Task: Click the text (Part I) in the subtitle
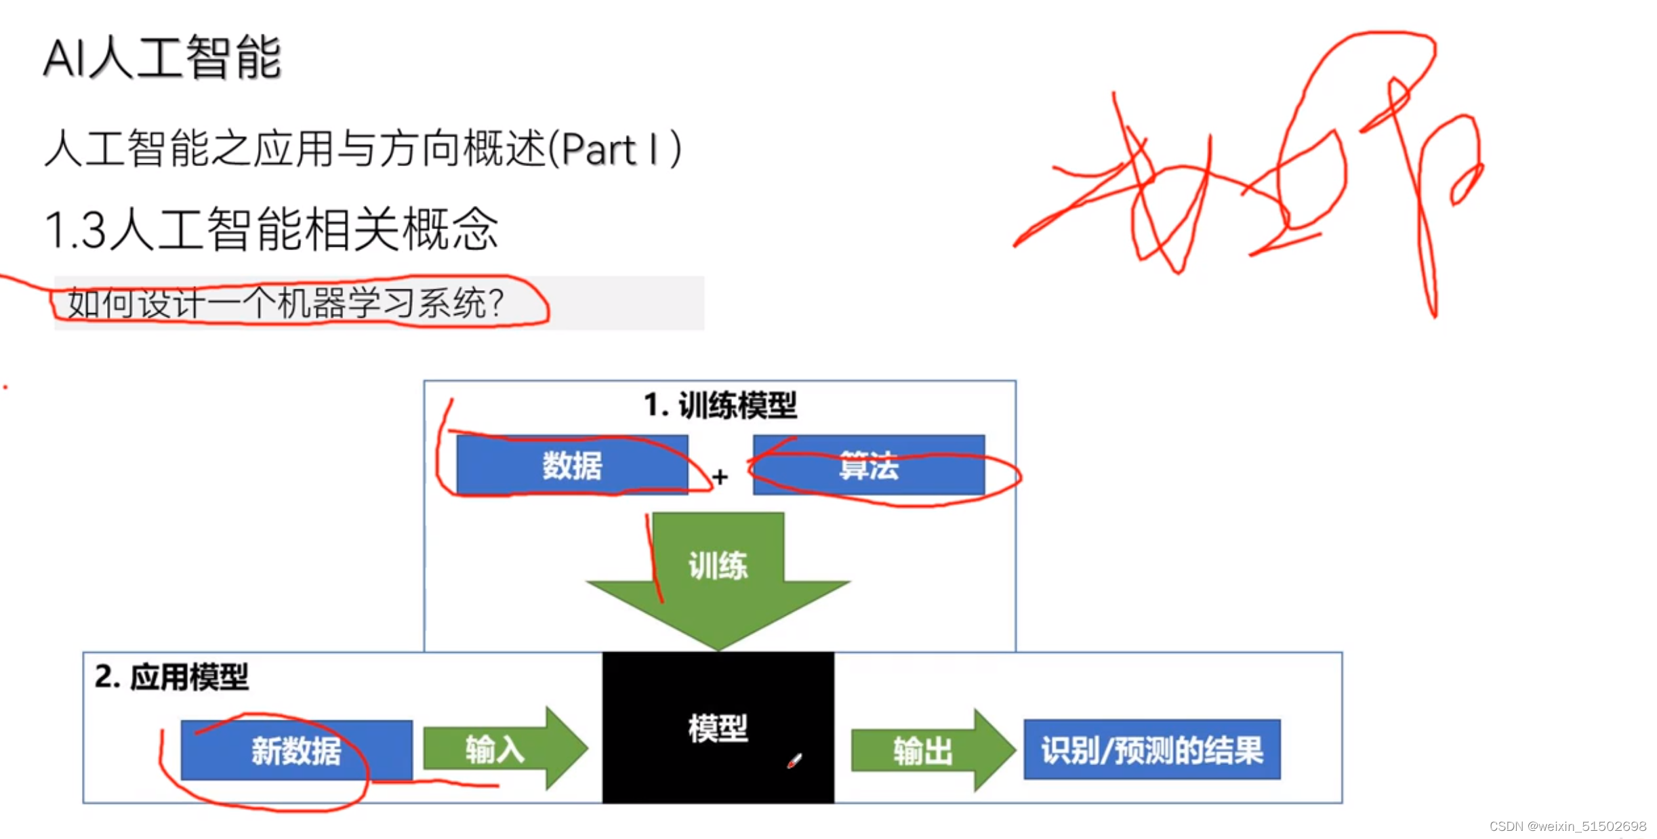pyautogui.click(x=614, y=149)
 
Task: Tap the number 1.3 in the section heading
pyautogui.click(x=75, y=230)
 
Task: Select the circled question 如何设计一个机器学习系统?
pyautogui.click(x=285, y=303)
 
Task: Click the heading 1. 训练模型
pyautogui.click(x=720, y=405)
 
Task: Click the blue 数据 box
pyautogui.click(x=572, y=466)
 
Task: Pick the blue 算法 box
pyautogui.click(x=868, y=466)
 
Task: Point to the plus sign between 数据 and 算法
pyautogui.click(x=720, y=477)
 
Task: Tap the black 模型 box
pyautogui.click(x=718, y=728)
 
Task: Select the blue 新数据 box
pyautogui.click(x=296, y=750)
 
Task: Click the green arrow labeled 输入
pyautogui.click(x=502, y=749)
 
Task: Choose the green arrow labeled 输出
pyautogui.click(x=928, y=750)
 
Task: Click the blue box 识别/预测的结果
pyautogui.click(x=1151, y=750)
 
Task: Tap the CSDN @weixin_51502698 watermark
pyautogui.click(x=1567, y=826)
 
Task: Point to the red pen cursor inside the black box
pyautogui.click(x=794, y=761)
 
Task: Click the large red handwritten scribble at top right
pyautogui.click(x=1254, y=169)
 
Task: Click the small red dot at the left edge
pyautogui.click(x=5, y=387)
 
